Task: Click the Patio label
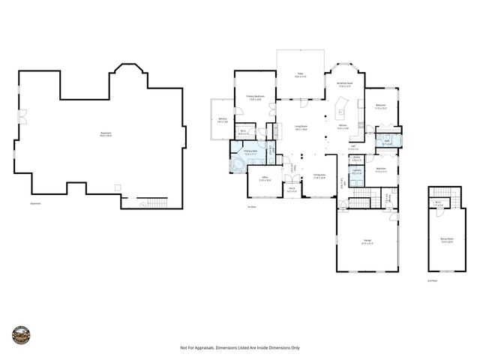point(299,75)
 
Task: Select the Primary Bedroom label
point(253,97)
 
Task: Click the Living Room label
point(302,128)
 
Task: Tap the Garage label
point(367,241)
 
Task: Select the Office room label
point(265,180)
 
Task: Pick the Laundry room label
point(357,172)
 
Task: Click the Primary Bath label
point(251,152)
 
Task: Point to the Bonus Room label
point(448,241)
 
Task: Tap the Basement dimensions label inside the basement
point(106,135)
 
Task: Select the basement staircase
point(154,202)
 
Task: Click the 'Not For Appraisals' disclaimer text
point(240,347)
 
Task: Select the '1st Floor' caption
point(252,206)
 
